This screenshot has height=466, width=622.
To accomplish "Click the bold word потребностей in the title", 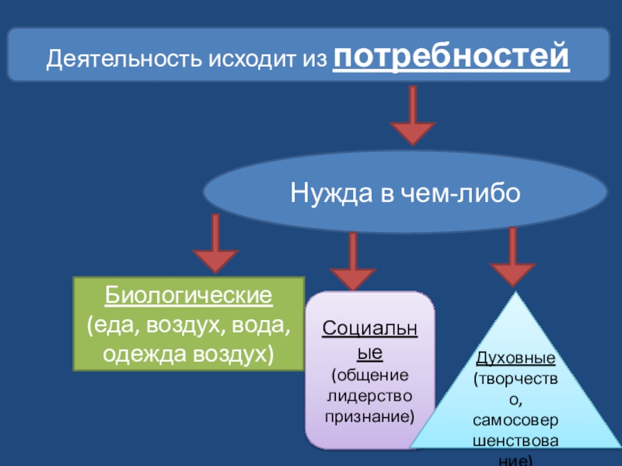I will pos(451,57).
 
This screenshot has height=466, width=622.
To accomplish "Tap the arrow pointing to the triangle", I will pos(512,257).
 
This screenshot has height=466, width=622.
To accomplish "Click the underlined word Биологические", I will pos(188,295).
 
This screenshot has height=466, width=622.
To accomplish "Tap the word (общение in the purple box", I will pos(369,376).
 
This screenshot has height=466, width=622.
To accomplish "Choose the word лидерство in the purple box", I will pos(369,396).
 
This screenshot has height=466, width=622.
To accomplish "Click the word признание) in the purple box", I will pos(369,416).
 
